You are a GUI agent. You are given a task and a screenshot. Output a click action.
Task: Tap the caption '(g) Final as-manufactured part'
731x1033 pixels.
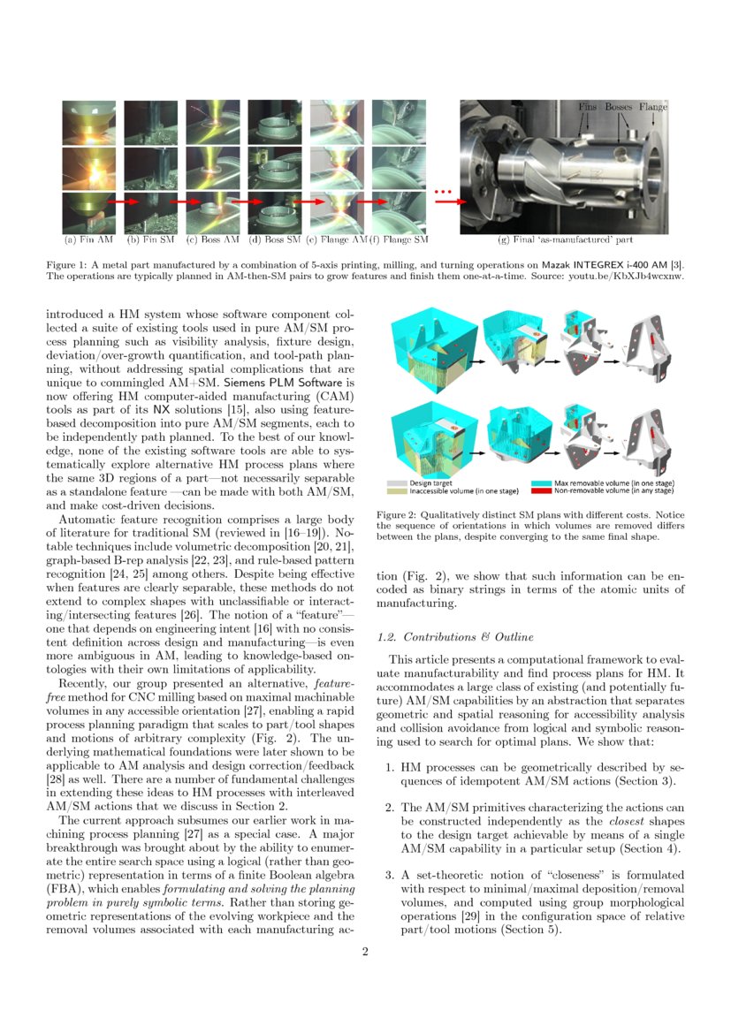point(566,239)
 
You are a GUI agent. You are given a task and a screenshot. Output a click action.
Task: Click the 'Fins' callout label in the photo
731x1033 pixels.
point(588,107)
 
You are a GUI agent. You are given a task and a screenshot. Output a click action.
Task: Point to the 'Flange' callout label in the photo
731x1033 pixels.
point(652,107)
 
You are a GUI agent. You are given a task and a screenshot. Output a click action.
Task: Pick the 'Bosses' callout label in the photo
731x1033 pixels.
point(618,107)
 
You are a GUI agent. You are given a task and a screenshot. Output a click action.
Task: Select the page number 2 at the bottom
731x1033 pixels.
point(365,952)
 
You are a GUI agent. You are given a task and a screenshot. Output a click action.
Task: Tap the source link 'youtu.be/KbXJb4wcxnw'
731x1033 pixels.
point(634,275)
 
